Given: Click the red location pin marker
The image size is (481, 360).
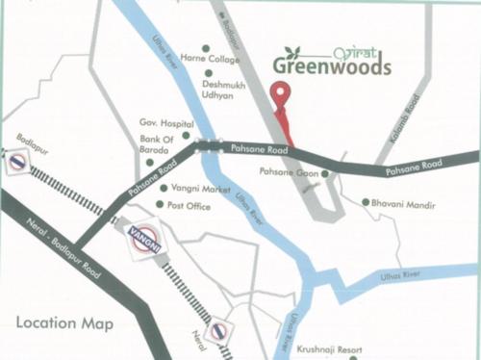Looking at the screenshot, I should [280, 96].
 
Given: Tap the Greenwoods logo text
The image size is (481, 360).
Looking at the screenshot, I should [331, 65].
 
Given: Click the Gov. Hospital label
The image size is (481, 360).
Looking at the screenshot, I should [160, 124].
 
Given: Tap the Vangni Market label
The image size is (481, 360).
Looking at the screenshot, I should [200, 190].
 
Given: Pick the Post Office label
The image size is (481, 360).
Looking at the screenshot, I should [190, 205].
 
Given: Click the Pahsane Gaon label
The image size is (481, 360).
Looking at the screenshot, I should [290, 172].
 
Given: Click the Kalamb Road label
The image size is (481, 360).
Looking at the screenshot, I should [418, 116].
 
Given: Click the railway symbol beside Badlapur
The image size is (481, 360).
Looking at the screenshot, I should [17, 163].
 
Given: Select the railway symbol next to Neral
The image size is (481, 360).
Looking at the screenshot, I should [219, 332].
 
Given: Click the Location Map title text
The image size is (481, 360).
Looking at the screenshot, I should [63, 322].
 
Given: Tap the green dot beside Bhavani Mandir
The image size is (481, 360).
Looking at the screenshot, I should [365, 203].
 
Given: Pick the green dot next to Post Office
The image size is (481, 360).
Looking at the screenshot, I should [161, 205].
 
